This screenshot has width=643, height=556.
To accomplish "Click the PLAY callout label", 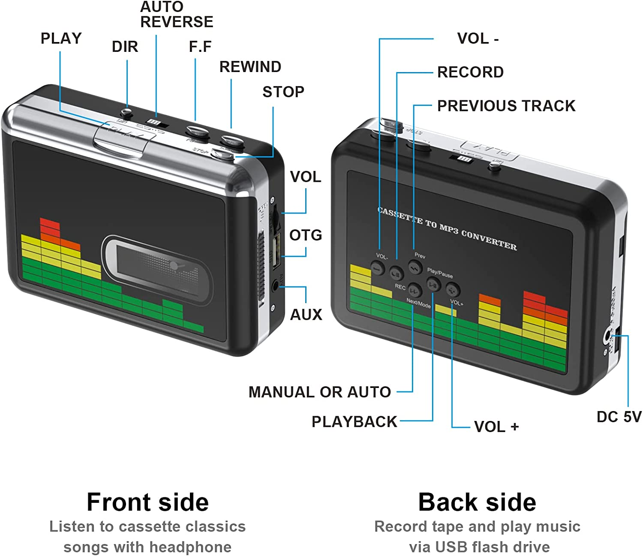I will click(x=61, y=39).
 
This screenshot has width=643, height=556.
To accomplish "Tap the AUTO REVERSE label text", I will click(x=176, y=15).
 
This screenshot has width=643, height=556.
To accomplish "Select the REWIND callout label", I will click(x=250, y=67).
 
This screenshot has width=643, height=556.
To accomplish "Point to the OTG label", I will click(x=305, y=235).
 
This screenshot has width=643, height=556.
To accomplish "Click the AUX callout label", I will click(x=306, y=315).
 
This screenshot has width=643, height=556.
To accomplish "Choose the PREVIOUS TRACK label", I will click(x=506, y=106).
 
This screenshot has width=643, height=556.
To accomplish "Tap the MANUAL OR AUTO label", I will click(x=319, y=392).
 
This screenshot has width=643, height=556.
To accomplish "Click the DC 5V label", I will click(x=619, y=417).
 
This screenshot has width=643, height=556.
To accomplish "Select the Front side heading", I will click(x=147, y=502).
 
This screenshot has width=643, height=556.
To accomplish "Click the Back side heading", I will click(x=477, y=502).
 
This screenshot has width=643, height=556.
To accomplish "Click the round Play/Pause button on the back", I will click(x=433, y=283).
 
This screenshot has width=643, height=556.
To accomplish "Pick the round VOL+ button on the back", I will click(x=453, y=290).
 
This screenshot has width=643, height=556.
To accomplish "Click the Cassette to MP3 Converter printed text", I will click(x=447, y=228).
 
